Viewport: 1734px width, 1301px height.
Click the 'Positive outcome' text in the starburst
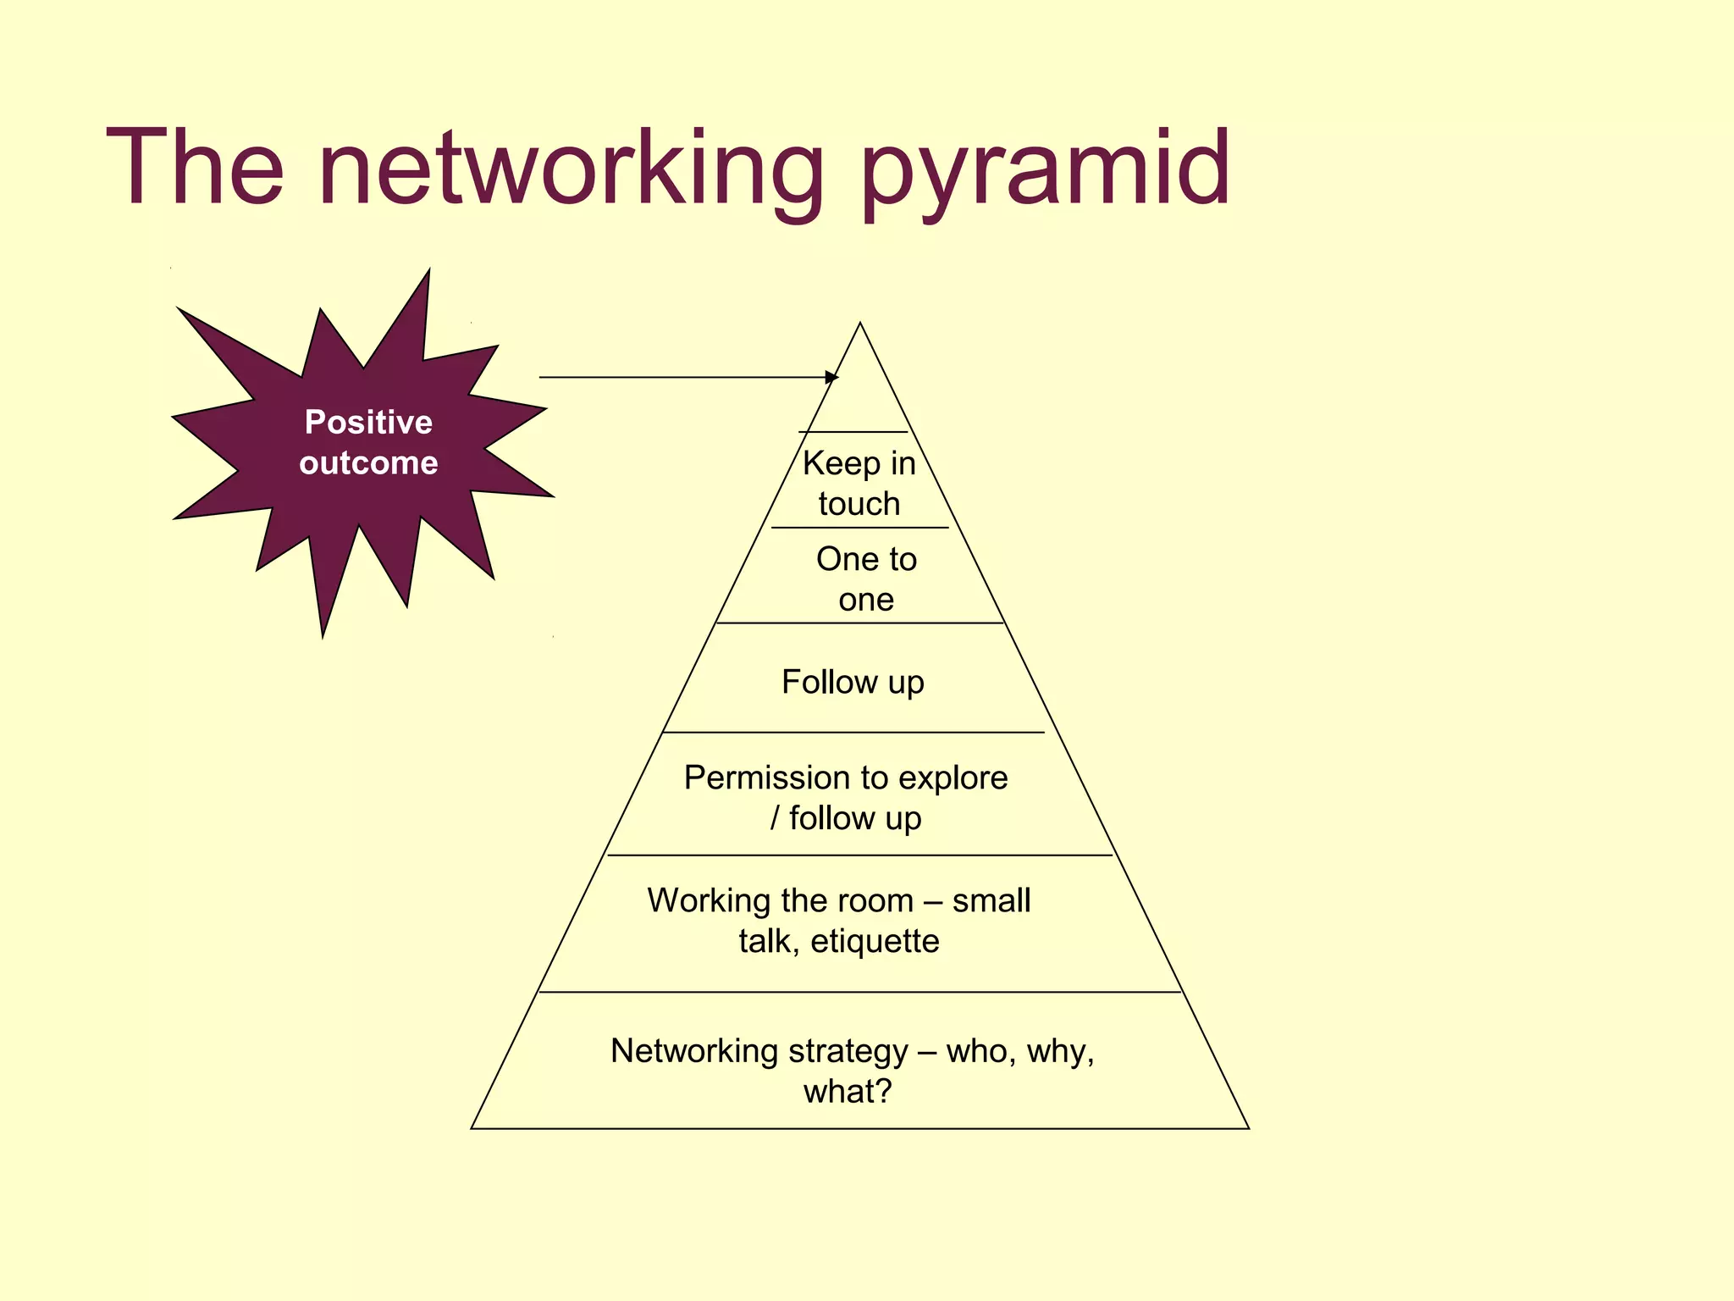click(x=368, y=442)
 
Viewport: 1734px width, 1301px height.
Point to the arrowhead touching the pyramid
click(x=832, y=377)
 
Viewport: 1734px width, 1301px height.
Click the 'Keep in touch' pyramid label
click(x=859, y=483)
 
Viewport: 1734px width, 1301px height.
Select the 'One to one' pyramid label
click(x=866, y=579)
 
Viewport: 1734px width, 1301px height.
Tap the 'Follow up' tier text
click(x=853, y=682)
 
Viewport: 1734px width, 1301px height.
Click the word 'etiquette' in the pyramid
click(x=875, y=941)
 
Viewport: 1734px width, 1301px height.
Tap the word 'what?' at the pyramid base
click(x=848, y=1092)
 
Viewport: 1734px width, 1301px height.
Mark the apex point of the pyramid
click(x=860, y=324)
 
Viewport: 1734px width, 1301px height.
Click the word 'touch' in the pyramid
click(x=859, y=504)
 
